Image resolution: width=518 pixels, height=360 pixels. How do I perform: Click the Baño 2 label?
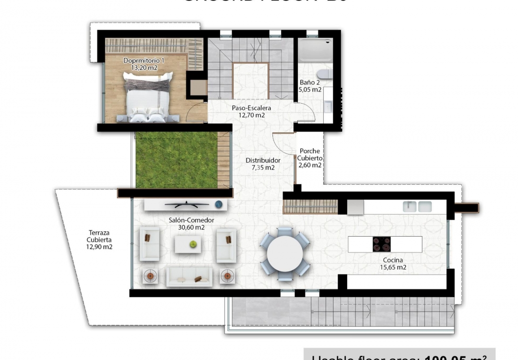[310, 83]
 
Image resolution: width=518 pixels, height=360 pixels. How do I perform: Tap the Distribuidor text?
[263, 160]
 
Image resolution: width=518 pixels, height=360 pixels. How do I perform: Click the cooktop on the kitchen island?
[382, 244]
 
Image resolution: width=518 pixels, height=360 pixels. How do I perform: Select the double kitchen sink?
[417, 206]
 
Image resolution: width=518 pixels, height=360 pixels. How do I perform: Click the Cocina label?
[393, 260]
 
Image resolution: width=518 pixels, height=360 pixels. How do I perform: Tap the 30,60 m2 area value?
[191, 228]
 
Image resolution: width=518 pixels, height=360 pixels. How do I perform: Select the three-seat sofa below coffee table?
[188, 277]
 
